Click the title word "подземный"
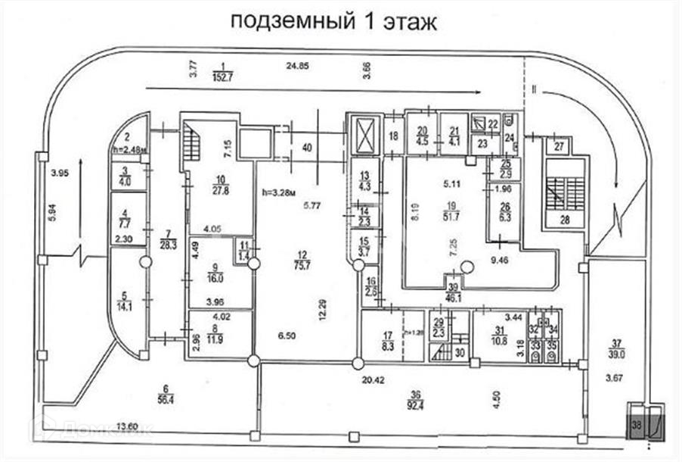pos(284,20)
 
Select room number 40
pos(307,147)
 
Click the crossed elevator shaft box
pos(366,137)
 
